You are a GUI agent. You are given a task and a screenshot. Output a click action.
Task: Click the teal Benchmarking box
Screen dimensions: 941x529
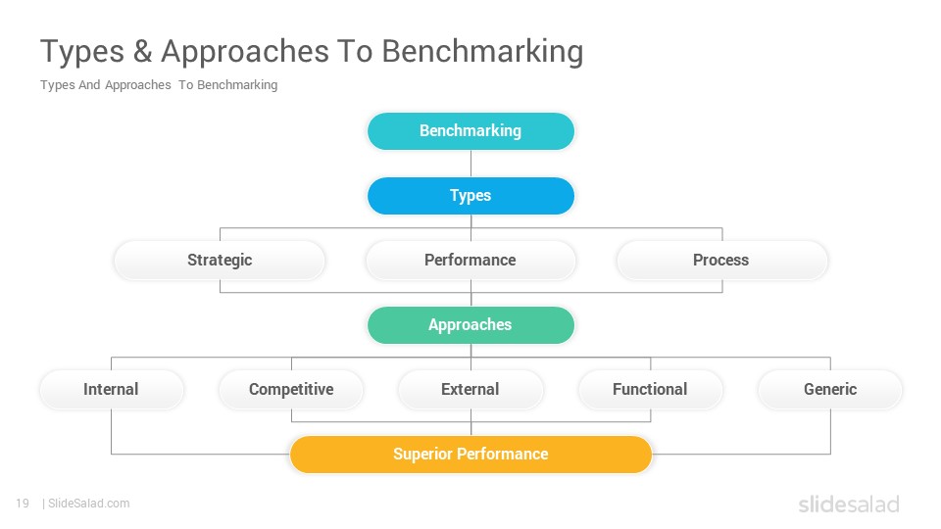coord(470,130)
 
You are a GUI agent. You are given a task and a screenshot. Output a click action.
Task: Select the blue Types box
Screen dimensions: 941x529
coord(470,196)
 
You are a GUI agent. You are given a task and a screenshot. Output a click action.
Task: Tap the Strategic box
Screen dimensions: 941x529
coord(220,261)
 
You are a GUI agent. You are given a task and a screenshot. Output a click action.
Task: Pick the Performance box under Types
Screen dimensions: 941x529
coord(470,261)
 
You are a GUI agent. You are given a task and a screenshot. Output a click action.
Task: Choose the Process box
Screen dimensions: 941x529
coord(722,261)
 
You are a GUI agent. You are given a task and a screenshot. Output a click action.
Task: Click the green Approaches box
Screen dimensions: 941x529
coord(470,325)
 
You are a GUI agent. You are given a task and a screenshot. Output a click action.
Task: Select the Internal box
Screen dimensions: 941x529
coord(112,389)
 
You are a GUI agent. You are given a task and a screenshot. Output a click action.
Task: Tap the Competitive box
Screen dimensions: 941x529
coord(291,389)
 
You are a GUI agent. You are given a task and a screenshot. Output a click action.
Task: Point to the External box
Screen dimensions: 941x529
coord(470,389)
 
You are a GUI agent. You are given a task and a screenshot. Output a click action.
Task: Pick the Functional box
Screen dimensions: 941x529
coord(651,389)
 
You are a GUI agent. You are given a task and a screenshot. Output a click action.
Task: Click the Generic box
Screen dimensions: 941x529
coord(830,389)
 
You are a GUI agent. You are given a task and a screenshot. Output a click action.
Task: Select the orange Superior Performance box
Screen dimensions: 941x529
coord(470,454)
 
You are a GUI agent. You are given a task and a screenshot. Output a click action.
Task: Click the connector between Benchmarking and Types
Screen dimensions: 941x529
coord(471,164)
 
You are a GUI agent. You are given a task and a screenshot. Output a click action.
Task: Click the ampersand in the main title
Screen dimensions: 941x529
coord(143,51)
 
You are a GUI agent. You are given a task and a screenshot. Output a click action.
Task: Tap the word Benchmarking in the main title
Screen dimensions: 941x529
coord(482,52)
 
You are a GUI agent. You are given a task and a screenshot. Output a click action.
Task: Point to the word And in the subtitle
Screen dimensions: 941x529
coord(89,85)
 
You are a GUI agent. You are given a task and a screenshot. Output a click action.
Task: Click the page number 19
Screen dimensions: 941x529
coord(23,504)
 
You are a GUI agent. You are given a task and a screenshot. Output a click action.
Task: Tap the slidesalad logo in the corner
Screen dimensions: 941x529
coord(849,504)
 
